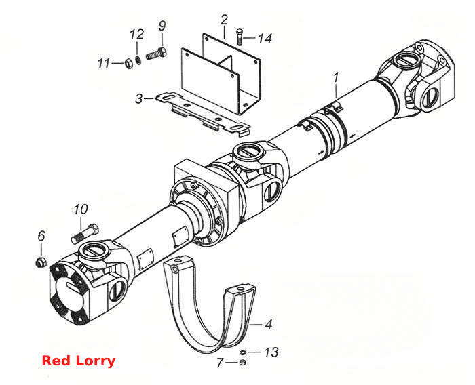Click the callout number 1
click(x=336, y=78)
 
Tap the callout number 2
click(x=224, y=20)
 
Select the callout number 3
click(x=138, y=99)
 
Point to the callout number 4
click(x=269, y=325)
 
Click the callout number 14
click(x=265, y=39)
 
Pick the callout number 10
click(x=81, y=209)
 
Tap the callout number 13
click(x=271, y=352)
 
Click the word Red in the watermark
click(x=56, y=361)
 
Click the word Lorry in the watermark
click(x=95, y=361)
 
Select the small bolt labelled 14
click(x=240, y=37)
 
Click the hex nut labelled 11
click(x=128, y=63)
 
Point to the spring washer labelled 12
click(x=138, y=60)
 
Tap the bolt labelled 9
click(x=157, y=54)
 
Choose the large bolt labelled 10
click(x=85, y=233)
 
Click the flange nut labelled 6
click(x=41, y=262)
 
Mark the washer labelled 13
click(x=243, y=352)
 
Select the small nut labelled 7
click(x=242, y=363)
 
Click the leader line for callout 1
click(x=337, y=91)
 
